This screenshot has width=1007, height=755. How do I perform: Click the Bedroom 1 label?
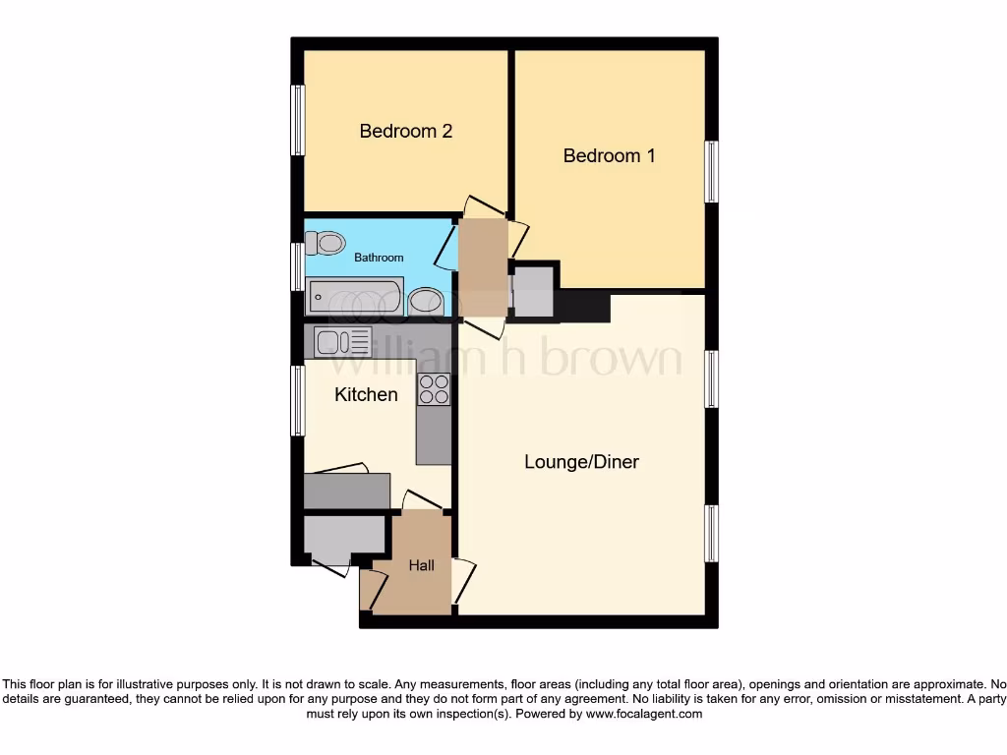pos(609,155)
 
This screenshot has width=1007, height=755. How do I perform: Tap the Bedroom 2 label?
pos(405,131)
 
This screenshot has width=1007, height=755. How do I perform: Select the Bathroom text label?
pos(379,258)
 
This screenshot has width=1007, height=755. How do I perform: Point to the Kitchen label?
pos(366,394)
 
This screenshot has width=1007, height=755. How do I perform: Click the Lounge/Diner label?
pos(581,461)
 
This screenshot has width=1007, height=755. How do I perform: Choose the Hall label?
pos(422,565)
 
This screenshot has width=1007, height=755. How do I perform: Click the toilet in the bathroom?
pos(326,242)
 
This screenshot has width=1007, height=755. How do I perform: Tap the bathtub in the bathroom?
pos(354,296)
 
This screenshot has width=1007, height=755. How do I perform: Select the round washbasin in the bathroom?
pos(425,301)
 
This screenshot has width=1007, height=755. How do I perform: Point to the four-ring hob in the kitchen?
pos(434,389)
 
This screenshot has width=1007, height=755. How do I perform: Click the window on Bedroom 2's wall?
pos(297,120)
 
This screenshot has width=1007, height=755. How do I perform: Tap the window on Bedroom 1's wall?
pos(711,172)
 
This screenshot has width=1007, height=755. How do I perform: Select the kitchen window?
pos(297,400)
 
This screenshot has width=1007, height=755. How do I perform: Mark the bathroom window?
pos(297,266)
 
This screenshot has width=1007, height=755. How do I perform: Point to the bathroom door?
pos(446,246)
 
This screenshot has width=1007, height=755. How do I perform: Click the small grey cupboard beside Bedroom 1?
pos(534,292)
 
